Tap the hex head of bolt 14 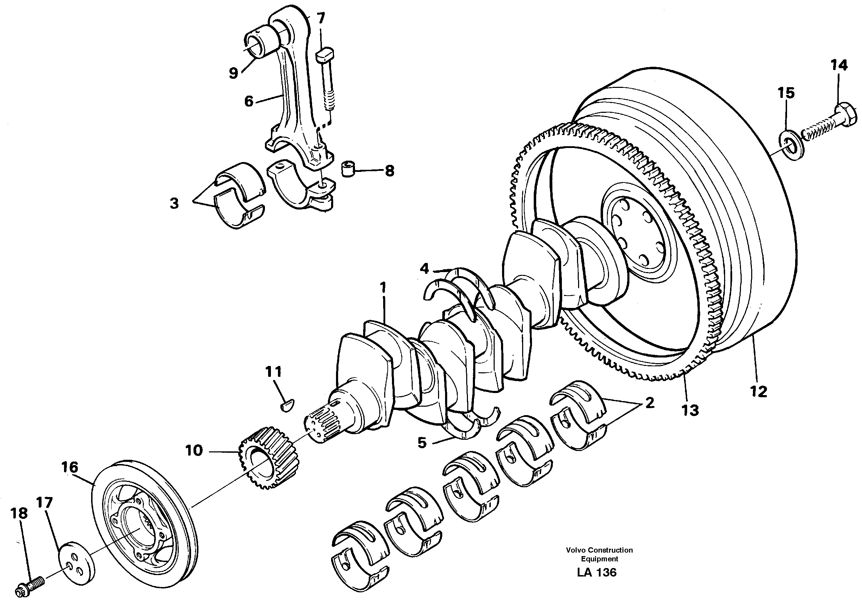tap(846, 115)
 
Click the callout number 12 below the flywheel tap(759, 392)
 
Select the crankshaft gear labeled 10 tap(267, 458)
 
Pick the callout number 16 tap(70, 467)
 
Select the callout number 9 tap(233, 72)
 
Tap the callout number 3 tap(174, 204)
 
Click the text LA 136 tap(596, 572)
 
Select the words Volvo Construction tap(599, 550)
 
